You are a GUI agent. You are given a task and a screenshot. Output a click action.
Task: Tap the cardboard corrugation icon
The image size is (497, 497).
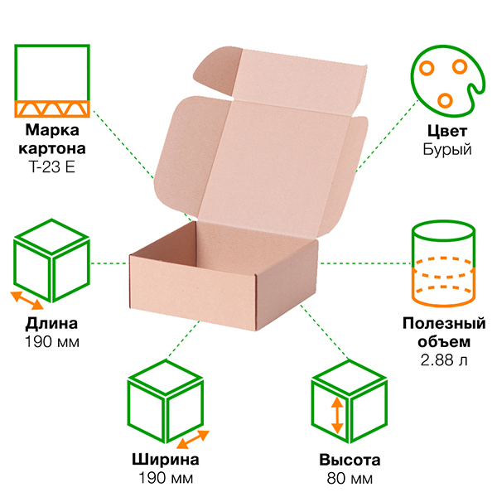pyautogui.click(x=52, y=80)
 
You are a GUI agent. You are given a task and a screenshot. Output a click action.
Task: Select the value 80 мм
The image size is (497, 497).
pyautogui.click(x=350, y=479)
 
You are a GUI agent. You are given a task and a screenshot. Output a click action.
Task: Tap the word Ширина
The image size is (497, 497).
pyautogui.click(x=166, y=461)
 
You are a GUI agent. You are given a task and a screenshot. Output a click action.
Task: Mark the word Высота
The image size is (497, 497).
pyautogui.click(x=350, y=461)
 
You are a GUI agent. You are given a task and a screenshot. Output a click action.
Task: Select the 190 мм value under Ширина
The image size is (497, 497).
pyautogui.click(x=166, y=479)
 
